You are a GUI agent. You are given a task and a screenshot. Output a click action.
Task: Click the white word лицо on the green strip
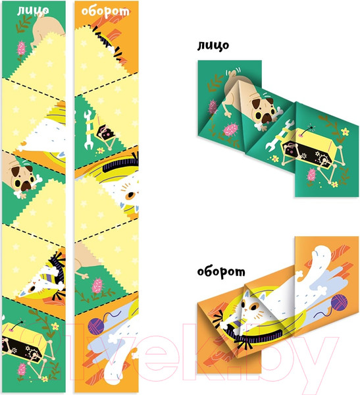[33, 10]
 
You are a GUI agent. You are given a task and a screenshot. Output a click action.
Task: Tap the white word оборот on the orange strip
[105, 11]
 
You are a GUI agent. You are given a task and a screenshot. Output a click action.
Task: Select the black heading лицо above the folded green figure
[213, 45]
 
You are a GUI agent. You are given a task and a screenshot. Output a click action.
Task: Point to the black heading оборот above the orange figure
[221, 272]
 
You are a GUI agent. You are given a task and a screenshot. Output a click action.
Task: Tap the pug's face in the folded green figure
[263, 110]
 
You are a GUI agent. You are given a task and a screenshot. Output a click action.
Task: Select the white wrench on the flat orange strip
[88, 130]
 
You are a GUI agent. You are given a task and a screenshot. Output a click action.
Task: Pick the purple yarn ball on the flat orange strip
[95, 327]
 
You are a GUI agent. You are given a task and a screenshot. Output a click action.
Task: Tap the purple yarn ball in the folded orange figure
[339, 302]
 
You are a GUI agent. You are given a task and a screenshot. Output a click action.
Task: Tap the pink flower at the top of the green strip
[22, 48]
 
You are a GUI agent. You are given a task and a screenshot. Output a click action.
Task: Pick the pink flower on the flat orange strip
[97, 286]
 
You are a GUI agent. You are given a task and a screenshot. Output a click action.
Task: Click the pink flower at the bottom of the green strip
[22, 369]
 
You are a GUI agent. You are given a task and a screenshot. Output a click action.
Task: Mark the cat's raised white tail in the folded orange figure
[321, 262]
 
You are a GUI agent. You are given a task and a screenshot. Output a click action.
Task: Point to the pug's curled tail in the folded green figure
[233, 74]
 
